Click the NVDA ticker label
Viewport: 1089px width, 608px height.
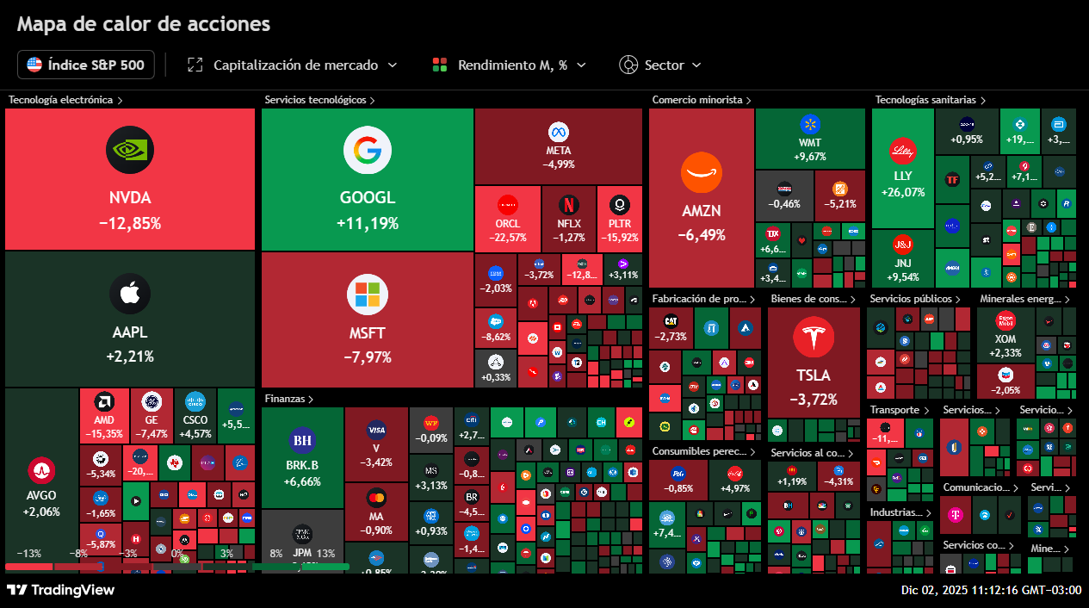(130, 198)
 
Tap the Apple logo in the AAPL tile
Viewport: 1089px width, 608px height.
(130, 295)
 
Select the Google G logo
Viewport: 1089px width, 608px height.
(368, 151)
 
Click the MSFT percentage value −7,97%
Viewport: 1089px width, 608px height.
(368, 357)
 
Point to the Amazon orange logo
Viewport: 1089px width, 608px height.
(701, 173)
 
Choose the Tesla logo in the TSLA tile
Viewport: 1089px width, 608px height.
(814, 338)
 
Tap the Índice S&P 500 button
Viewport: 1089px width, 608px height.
(86, 65)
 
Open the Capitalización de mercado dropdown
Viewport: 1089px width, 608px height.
(293, 65)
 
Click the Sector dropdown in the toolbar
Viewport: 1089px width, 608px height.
(660, 65)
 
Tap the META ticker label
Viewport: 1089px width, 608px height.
(559, 151)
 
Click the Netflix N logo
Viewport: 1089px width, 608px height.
(568, 205)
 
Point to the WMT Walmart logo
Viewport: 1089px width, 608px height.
(810, 124)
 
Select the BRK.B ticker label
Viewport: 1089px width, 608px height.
(302, 465)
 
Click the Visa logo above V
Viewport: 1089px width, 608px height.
(376, 430)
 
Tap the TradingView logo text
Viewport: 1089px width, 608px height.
(61, 590)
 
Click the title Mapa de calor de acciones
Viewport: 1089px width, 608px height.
(144, 24)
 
